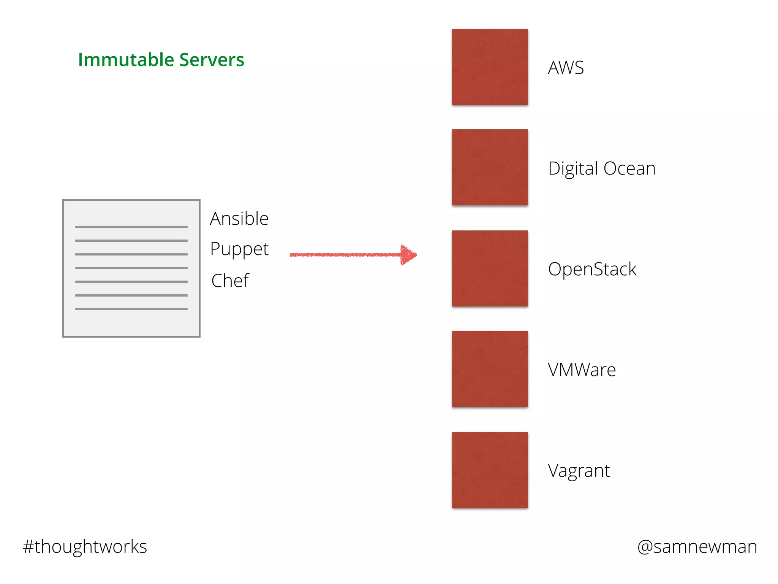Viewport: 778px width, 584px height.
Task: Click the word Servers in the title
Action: tap(212, 60)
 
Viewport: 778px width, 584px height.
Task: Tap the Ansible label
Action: tap(239, 219)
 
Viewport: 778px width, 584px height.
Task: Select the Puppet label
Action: tap(239, 249)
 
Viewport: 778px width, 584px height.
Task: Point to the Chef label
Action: tap(230, 281)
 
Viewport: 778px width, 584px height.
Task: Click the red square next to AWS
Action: tap(490, 67)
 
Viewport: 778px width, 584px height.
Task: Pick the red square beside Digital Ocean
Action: tap(490, 167)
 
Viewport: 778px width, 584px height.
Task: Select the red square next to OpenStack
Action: tap(490, 268)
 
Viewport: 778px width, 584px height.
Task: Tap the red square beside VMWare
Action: tap(490, 369)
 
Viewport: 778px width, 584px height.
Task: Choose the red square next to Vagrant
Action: tap(490, 470)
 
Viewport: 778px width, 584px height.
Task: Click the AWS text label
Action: tap(566, 68)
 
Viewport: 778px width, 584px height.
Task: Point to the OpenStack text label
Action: tap(592, 269)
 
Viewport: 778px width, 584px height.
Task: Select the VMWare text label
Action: tap(582, 370)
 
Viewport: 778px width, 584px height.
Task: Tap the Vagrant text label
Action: tap(579, 471)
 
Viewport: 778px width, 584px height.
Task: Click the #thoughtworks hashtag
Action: tap(85, 547)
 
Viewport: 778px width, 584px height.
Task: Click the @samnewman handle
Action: tap(697, 547)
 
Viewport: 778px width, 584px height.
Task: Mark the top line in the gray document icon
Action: tap(131, 227)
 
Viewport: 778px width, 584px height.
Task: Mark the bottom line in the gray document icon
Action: tap(131, 309)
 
